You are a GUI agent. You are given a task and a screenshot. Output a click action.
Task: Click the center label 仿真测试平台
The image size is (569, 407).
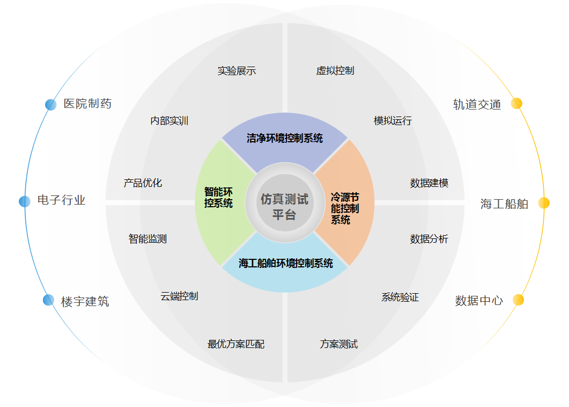[x=284, y=207]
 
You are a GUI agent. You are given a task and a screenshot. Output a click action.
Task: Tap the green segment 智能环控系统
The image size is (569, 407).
[x=221, y=203]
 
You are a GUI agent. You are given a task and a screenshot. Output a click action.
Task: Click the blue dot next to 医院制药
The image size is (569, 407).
[x=51, y=105]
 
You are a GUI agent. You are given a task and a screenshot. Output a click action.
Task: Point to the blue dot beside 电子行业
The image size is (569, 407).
[x=25, y=201]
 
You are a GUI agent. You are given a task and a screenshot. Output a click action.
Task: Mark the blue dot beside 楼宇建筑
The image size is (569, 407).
[x=49, y=300]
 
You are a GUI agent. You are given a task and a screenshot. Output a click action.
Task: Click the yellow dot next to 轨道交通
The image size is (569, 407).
[x=516, y=104]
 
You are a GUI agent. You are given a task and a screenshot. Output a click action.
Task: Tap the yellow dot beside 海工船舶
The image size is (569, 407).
[x=544, y=203]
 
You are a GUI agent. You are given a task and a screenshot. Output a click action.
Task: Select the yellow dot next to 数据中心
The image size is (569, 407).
[x=518, y=300]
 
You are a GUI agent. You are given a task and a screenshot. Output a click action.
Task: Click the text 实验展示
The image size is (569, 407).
[x=237, y=70]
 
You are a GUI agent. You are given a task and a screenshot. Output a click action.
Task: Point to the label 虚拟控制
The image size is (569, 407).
[x=335, y=70]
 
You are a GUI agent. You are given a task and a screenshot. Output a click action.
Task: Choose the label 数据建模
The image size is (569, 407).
[x=429, y=183]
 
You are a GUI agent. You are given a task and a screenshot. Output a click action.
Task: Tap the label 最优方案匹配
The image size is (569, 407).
[x=236, y=344]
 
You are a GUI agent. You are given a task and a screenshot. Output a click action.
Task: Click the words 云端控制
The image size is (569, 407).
[x=179, y=296]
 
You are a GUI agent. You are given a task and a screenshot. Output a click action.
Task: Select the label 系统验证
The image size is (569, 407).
[x=400, y=297]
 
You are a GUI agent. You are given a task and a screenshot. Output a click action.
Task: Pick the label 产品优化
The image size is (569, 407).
[x=143, y=183]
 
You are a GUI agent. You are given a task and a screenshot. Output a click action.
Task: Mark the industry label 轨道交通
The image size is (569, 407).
[x=477, y=105]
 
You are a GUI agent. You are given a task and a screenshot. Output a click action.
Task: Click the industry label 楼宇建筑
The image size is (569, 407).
[x=85, y=302]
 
